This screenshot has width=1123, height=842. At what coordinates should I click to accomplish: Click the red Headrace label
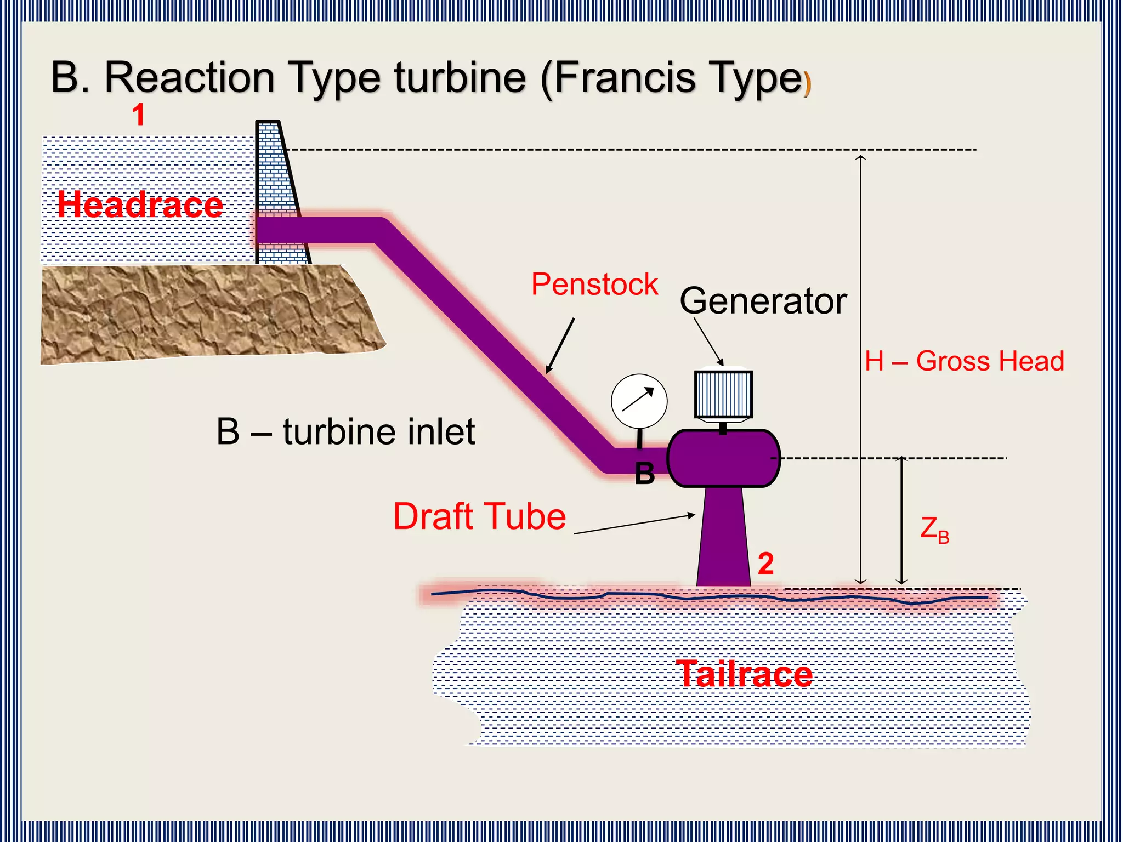click(140, 204)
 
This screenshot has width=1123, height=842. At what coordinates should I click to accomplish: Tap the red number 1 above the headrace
click(139, 115)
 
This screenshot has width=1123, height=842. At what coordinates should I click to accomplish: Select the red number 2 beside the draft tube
click(765, 564)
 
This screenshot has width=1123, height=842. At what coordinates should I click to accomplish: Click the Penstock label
click(594, 285)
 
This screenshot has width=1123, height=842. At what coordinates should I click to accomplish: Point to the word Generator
click(763, 301)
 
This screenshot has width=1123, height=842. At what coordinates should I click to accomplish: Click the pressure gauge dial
click(639, 401)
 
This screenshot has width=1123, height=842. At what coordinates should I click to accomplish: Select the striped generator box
click(723, 394)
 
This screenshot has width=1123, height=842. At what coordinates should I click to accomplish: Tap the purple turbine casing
click(723, 458)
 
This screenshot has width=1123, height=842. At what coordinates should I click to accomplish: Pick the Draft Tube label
click(479, 516)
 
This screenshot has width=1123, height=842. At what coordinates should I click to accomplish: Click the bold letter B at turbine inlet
click(645, 474)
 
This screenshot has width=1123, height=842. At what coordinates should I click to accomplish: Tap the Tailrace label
click(744, 674)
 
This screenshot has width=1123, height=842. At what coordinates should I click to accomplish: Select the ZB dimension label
click(934, 530)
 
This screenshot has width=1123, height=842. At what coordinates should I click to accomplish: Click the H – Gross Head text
click(964, 361)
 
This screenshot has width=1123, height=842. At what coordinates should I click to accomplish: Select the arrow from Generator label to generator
click(708, 341)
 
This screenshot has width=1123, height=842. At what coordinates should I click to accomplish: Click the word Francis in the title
click(626, 78)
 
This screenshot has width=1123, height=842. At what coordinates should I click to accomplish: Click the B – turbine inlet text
click(345, 432)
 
